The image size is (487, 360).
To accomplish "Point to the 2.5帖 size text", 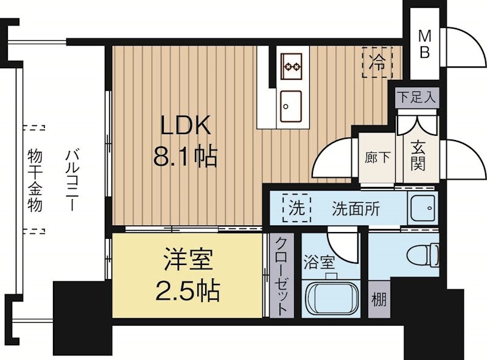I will pyautogui.click(x=187, y=292).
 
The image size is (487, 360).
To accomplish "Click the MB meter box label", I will pyautogui.click(x=424, y=44).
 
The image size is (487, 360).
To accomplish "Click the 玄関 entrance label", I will pyautogui.click(x=418, y=157).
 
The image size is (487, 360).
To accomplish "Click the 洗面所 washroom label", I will pyautogui.click(x=355, y=209).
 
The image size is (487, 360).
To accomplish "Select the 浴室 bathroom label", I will pyautogui.click(x=318, y=264).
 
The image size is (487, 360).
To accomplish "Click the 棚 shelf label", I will pyautogui.click(x=378, y=300).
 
